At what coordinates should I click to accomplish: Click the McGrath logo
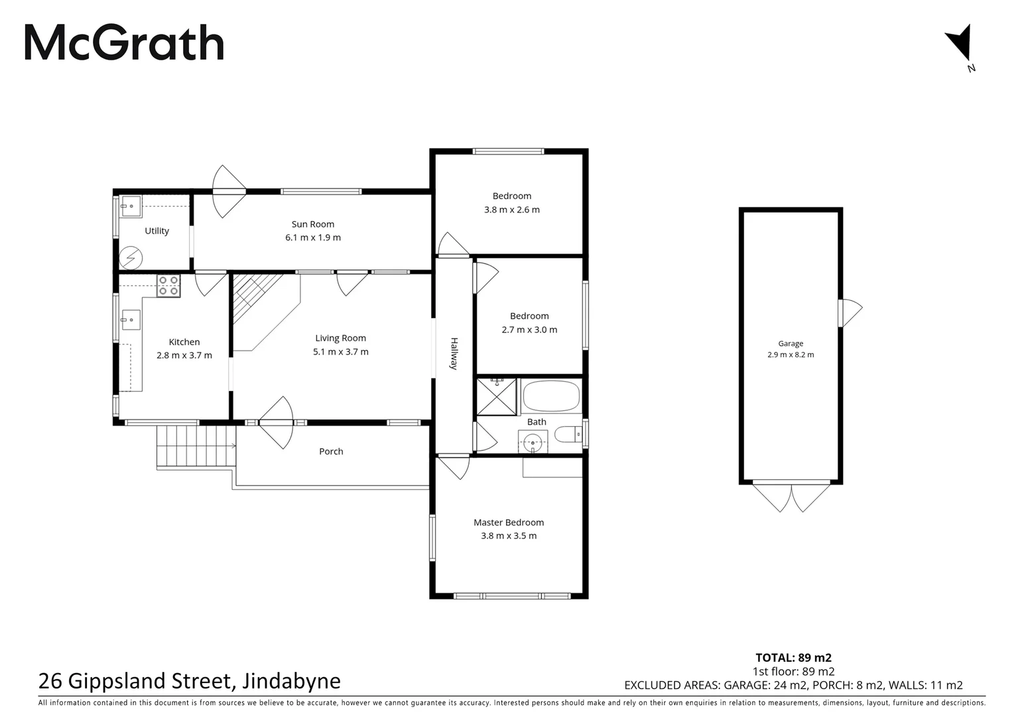(124, 43)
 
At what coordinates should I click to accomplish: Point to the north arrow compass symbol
(960, 44)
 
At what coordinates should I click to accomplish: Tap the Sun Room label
(313, 224)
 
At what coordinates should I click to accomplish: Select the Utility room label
(157, 231)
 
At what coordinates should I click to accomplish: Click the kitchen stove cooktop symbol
(168, 285)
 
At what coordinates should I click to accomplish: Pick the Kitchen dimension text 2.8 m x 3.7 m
(184, 355)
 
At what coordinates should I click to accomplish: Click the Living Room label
(340, 338)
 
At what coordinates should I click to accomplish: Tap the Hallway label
(454, 354)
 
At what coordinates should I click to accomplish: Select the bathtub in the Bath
(551, 396)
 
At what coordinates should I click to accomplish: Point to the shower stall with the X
(496, 397)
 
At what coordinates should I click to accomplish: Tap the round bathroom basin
(533, 441)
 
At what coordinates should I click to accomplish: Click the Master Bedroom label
(509, 522)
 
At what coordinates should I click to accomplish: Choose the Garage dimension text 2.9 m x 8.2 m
(791, 355)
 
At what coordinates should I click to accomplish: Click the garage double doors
(791, 496)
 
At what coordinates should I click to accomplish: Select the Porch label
(331, 451)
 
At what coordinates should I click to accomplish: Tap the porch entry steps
(196, 446)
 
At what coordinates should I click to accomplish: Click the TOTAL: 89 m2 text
(793, 658)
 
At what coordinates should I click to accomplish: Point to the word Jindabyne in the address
(292, 681)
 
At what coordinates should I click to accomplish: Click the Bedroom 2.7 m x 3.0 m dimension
(529, 330)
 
